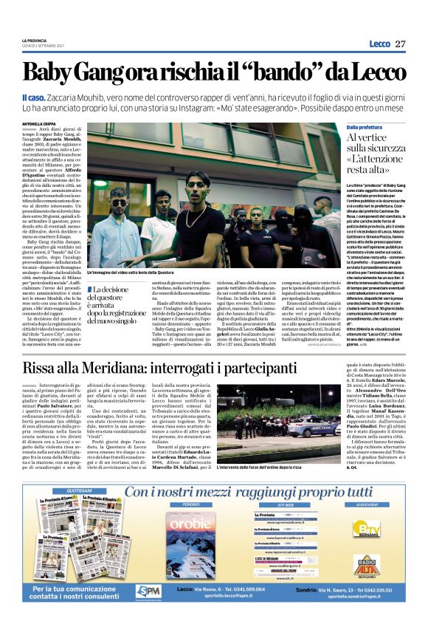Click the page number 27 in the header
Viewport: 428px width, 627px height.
pyautogui.click(x=400, y=44)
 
